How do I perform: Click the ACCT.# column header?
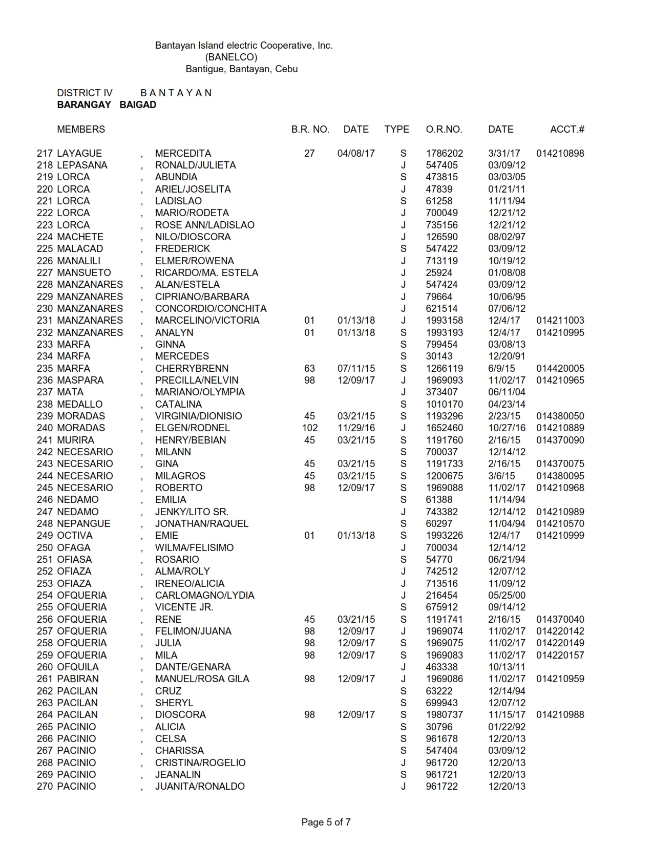click(567, 130)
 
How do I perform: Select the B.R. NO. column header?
click(310, 130)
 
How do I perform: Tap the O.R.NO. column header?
click(444, 130)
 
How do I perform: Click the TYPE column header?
click(396, 130)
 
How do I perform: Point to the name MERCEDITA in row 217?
click(183, 154)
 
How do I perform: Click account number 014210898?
click(560, 154)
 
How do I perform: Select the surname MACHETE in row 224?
click(80, 237)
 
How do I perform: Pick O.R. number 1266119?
click(444, 369)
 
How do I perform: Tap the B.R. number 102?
click(310, 428)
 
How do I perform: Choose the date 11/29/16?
click(356, 428)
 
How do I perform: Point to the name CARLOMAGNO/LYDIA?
click(204, 596)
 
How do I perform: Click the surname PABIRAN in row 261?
click(78, 679)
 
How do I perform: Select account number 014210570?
click(560, 524)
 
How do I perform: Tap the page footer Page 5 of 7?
click(326, 822)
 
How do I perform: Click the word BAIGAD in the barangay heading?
click(138, 105)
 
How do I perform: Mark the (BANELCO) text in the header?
click(231, 57)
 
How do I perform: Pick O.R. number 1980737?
click(444, 715)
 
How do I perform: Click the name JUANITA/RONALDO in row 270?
click(200, 787)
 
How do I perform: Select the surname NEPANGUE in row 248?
click(83, 524)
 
